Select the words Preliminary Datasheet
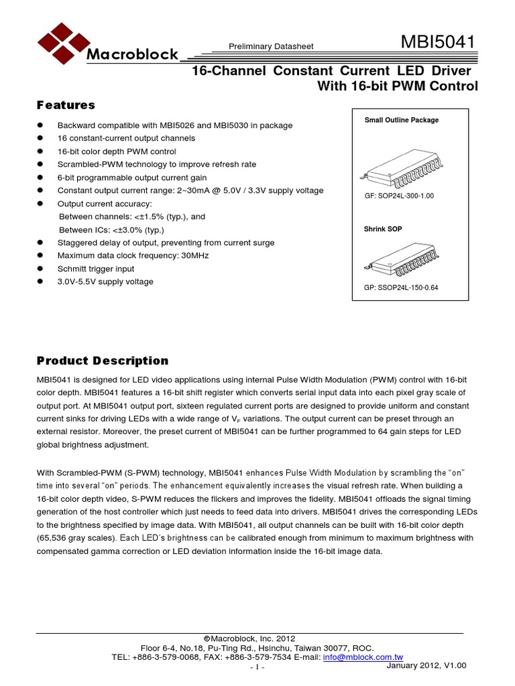272,46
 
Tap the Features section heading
65,105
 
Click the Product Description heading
102,360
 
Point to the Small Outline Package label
401,120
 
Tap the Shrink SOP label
383,229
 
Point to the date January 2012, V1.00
426,665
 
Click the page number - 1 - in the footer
257,668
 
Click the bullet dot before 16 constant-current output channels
40,138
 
